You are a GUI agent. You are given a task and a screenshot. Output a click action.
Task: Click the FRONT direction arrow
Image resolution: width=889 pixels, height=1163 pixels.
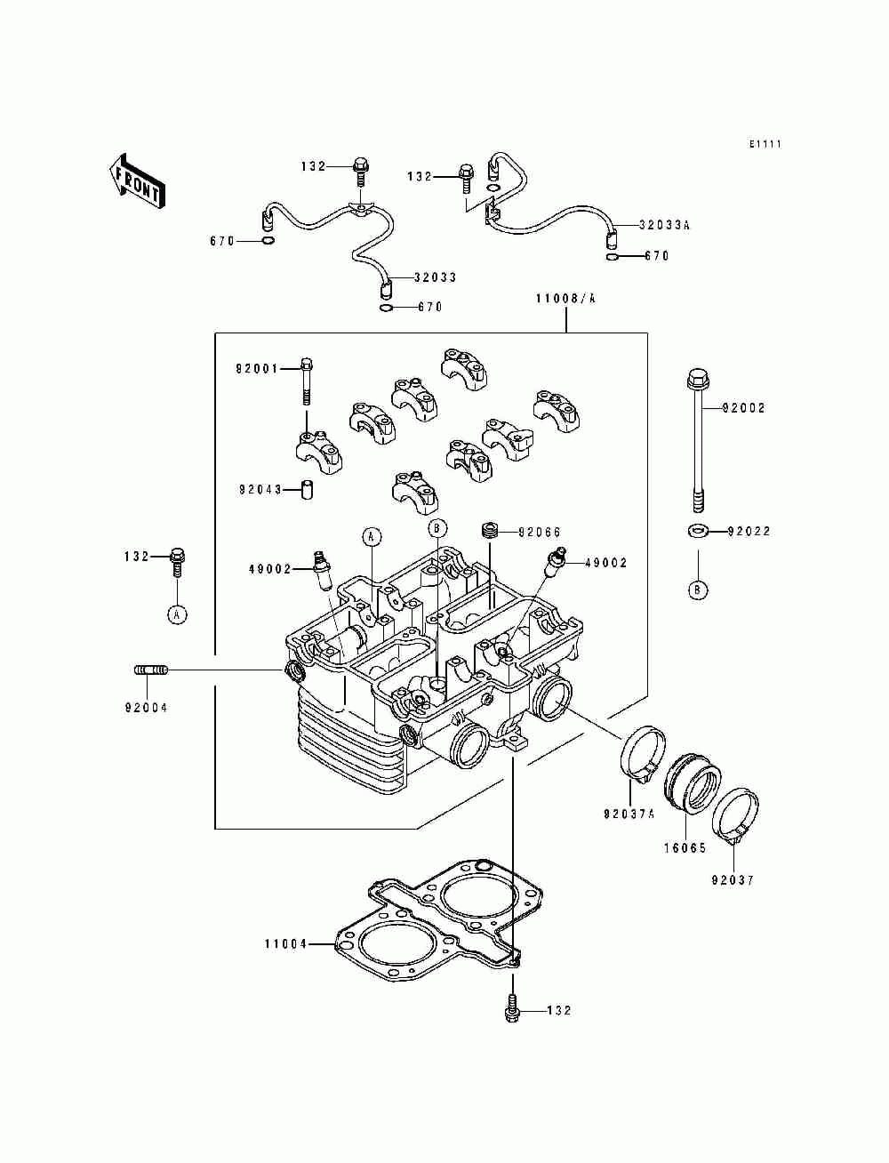136,181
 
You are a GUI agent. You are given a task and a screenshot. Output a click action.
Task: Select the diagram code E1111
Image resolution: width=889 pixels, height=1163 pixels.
765,143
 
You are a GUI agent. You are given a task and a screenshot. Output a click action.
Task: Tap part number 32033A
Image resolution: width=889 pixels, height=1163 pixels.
664,225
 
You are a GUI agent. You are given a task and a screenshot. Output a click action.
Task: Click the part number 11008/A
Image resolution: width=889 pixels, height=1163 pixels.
565,299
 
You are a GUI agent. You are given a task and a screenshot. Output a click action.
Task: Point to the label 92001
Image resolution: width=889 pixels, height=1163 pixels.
257,368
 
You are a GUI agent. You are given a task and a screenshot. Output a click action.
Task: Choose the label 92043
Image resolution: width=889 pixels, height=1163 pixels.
260,490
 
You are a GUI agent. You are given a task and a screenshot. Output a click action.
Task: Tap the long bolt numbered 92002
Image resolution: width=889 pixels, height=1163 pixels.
697,441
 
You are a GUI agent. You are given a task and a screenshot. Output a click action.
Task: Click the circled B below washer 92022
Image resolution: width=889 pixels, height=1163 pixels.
697,590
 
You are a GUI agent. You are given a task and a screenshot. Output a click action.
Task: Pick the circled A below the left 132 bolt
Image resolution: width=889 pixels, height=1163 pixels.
178,614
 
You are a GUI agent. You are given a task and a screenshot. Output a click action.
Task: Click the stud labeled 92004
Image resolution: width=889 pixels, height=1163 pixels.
150,670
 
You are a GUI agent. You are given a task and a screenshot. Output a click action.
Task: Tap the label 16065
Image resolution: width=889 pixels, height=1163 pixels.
685,848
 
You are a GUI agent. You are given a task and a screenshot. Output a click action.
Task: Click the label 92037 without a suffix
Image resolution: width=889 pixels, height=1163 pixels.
733,880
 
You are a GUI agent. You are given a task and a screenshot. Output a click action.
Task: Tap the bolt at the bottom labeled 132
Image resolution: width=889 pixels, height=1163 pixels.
512,1010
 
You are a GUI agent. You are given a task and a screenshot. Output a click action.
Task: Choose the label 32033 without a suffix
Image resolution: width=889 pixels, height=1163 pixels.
435,277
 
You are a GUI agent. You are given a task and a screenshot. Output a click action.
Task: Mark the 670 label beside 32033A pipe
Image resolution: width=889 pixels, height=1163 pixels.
656,256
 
